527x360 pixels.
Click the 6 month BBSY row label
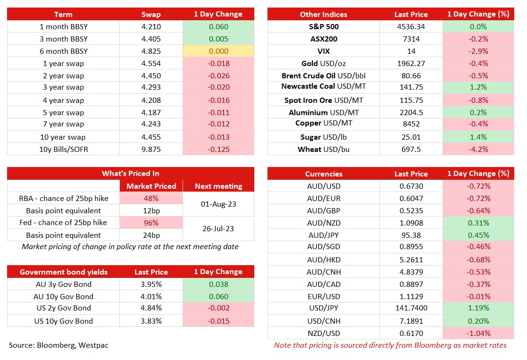[64, 51]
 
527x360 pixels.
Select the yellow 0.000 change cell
[218, 51]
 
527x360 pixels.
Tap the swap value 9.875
[151, 149]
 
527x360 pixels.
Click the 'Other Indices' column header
[323, 14]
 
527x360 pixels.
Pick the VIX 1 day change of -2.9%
[478, 51]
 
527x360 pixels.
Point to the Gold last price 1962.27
[410, 63]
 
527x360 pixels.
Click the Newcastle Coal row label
[323, 86]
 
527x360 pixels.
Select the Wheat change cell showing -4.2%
[478, 149]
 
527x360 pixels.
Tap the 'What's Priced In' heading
[130, 174]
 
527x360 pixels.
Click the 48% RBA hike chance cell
[151, 198]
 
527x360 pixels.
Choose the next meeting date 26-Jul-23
[218, 229]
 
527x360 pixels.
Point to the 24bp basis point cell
[151, 235]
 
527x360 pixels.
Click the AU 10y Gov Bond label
[64, 296]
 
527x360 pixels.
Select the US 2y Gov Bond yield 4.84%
[151, 308]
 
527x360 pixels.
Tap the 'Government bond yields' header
[64, 272]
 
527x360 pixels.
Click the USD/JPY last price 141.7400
[410, 309]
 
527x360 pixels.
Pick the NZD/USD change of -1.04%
[478, 333]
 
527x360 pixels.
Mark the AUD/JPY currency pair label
[323, 235]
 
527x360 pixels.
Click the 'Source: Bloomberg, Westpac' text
[59, 345]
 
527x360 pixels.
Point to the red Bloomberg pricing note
[390, 345]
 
